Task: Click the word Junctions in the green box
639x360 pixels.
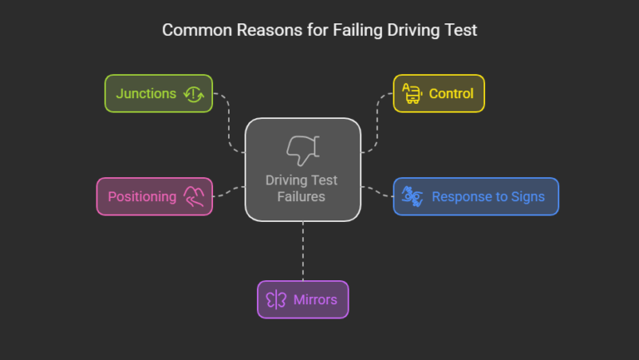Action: tap(146, 94)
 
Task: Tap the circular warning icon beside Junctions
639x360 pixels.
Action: tap(193, 94)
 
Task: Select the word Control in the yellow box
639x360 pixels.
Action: tap(451, 94)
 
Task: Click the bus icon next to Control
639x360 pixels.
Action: tap(411, 93)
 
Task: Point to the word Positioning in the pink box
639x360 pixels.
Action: tap(141, 197)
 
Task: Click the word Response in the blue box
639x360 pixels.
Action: tap(459, 197)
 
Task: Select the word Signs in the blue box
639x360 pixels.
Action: tap(528, 197)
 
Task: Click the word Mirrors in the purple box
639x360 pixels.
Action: tap(314, 300)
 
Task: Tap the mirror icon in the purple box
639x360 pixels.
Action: tap(276, 300)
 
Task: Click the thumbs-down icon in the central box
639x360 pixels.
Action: tap(302, 150)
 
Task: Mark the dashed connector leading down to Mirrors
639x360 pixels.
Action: tap(303, 251)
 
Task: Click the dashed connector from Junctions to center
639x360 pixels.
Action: tap(229, 125)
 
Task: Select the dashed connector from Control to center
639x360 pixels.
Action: tap(377, 125)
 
